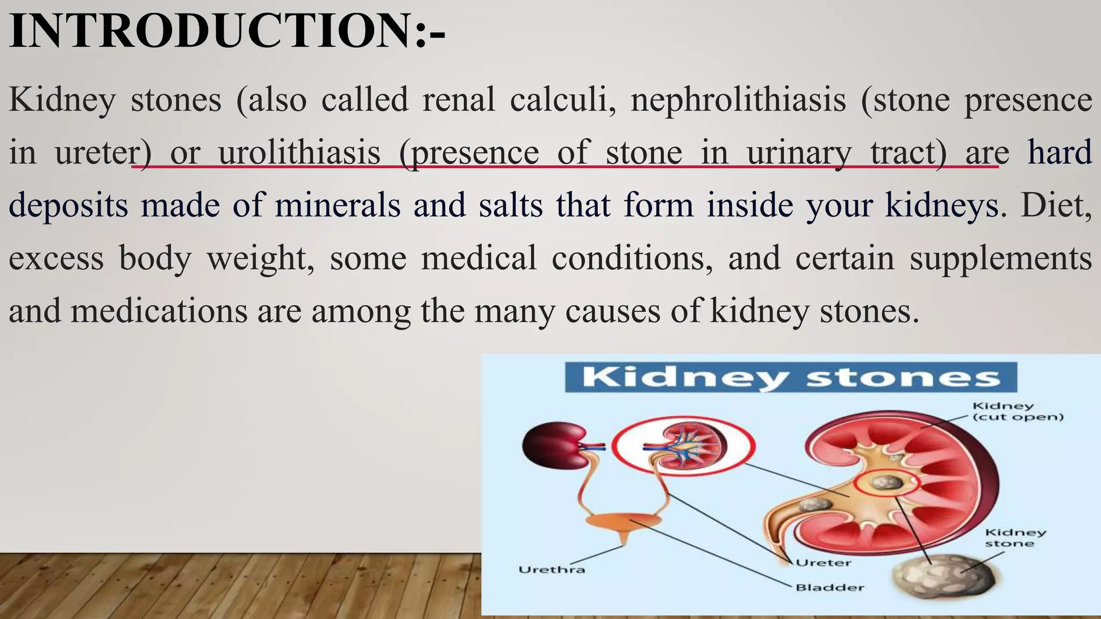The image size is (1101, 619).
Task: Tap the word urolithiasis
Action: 299,153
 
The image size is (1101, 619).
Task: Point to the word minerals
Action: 338,205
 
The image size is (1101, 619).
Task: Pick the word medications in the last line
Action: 159,311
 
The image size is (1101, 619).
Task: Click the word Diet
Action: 1056,205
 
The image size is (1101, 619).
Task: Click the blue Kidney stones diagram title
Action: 791,377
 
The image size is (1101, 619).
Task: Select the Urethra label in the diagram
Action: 552,570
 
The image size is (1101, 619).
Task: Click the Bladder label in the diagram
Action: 830,587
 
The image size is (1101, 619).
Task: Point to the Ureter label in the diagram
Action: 823,563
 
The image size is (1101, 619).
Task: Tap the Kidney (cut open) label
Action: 1018,412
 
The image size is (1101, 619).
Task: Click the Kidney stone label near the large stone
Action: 1015,537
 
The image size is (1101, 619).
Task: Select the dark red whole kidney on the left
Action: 553,444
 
